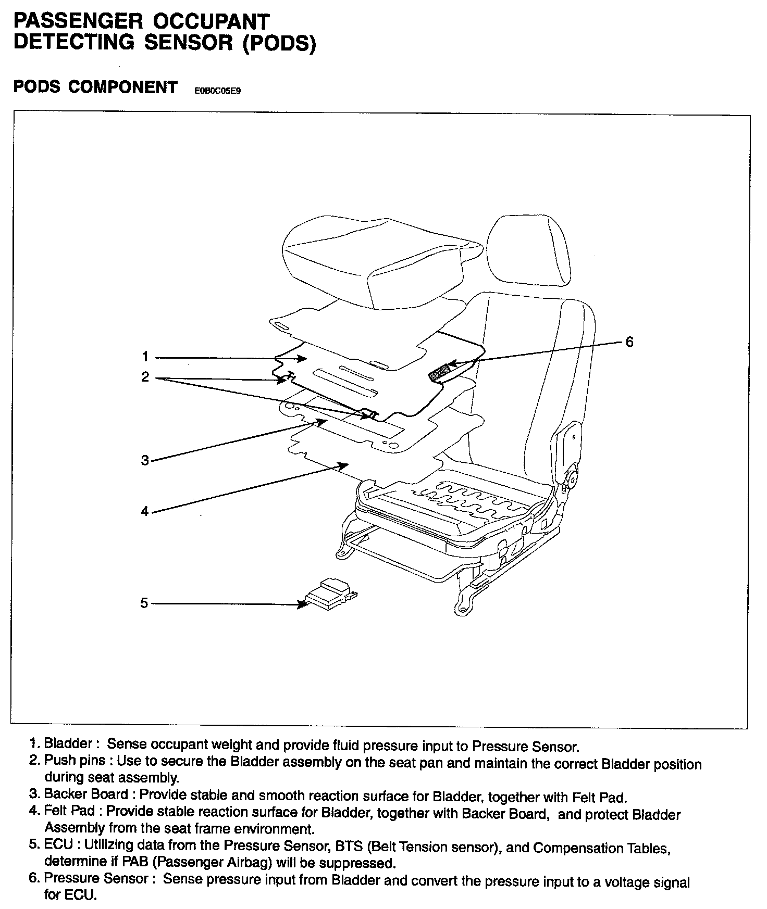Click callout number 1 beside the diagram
click(145, 357)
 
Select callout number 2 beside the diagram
click(145, 376)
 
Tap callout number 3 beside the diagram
click(145, 460)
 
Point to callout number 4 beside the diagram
click(145, 511)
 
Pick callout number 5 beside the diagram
click(144, 603)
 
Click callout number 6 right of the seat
click(629, 342)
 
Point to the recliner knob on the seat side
click(571, 476)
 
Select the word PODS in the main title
click(279, 43)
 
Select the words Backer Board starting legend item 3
click(86, 794)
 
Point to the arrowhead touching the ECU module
click(302, 604)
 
